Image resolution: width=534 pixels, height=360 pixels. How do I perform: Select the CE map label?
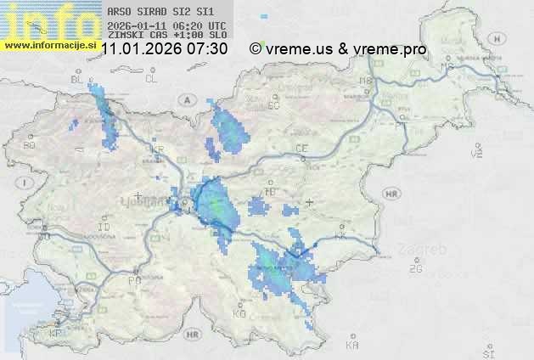point(301,148)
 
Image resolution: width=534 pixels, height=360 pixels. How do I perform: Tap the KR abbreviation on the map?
point(157,149)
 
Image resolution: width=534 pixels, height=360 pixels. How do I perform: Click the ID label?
point(104,228)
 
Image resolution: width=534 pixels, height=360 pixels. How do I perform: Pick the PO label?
point(133,280)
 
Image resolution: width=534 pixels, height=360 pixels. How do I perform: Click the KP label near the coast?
point(56,334)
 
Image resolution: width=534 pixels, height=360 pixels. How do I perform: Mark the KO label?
point(239,313)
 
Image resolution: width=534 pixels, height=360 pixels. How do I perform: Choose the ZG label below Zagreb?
point(415,269)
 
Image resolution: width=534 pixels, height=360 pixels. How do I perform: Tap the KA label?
point(352,346)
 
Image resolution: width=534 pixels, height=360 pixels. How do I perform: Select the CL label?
point(151,79)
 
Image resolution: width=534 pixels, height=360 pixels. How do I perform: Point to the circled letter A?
point(186,99)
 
